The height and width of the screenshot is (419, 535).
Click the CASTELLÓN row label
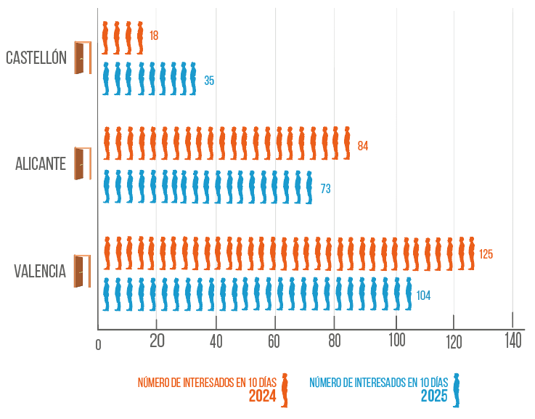coord(36,57)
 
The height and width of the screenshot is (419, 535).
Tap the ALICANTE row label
coord(41,164)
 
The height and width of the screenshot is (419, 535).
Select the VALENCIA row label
coord(40,272)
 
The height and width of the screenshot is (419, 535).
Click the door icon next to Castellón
coord(82,57)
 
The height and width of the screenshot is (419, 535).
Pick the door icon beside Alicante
coord(83,163)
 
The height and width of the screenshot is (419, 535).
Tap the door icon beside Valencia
coord(83,271)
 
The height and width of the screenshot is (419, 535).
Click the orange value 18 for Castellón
coord(154,36)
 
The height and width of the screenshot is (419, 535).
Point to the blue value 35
coord(209,81)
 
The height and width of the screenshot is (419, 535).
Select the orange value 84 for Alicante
coord(363,146)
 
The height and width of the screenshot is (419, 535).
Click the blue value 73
coord(326,189)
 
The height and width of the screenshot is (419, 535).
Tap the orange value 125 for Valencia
coord(486,254)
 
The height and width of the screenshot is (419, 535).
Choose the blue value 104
coord(423,296)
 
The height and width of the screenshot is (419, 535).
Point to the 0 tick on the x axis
coord(99,345)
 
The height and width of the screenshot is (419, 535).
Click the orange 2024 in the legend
coord(263,396)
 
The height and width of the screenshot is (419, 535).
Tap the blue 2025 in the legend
coord(435,396)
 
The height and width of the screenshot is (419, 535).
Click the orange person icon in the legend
coord(285,390)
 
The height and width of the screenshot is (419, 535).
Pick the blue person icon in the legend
coord(457,390)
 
